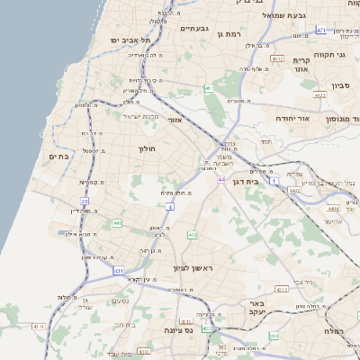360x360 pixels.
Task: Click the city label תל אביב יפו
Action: pyautogui.click(x=130, y=40)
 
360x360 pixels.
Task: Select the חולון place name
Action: pyautogui.click(x=148, y=148)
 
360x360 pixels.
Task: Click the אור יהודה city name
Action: pyautogui.click(x=315, y=118)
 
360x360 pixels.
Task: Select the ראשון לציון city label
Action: pyautogui.click(x=194, y=268)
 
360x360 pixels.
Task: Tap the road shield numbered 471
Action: pyautogui.click(x=321, y=31)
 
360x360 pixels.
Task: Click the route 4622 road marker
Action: pyautogui.click(x=319, y=94)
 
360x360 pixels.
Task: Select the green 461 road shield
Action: pyautogui.click(x=208, y=88)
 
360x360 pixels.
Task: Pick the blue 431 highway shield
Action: pyautogui.click(x=118, y=270)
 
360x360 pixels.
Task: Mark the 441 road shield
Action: pyautogui.click(x=117, y=222)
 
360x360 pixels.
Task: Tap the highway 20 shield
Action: pyautogui.click(x=85, y=202)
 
